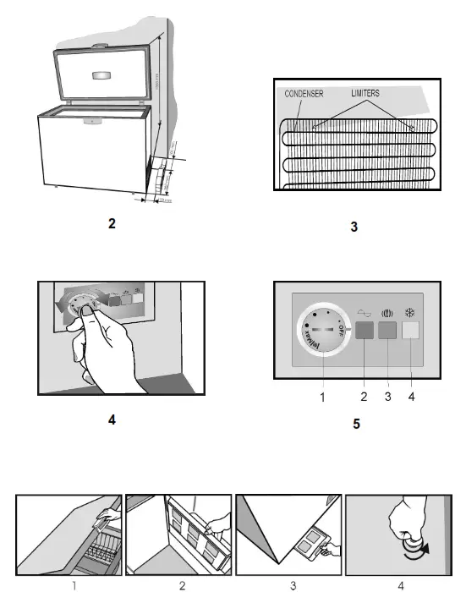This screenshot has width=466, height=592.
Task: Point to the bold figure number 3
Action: point(354,227)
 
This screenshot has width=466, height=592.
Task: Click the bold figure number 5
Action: point(356,423)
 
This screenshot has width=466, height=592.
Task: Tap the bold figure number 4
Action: point(112,419)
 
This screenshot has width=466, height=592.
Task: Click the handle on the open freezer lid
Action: point(102,75)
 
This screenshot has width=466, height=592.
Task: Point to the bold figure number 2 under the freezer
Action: point(111,224)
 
